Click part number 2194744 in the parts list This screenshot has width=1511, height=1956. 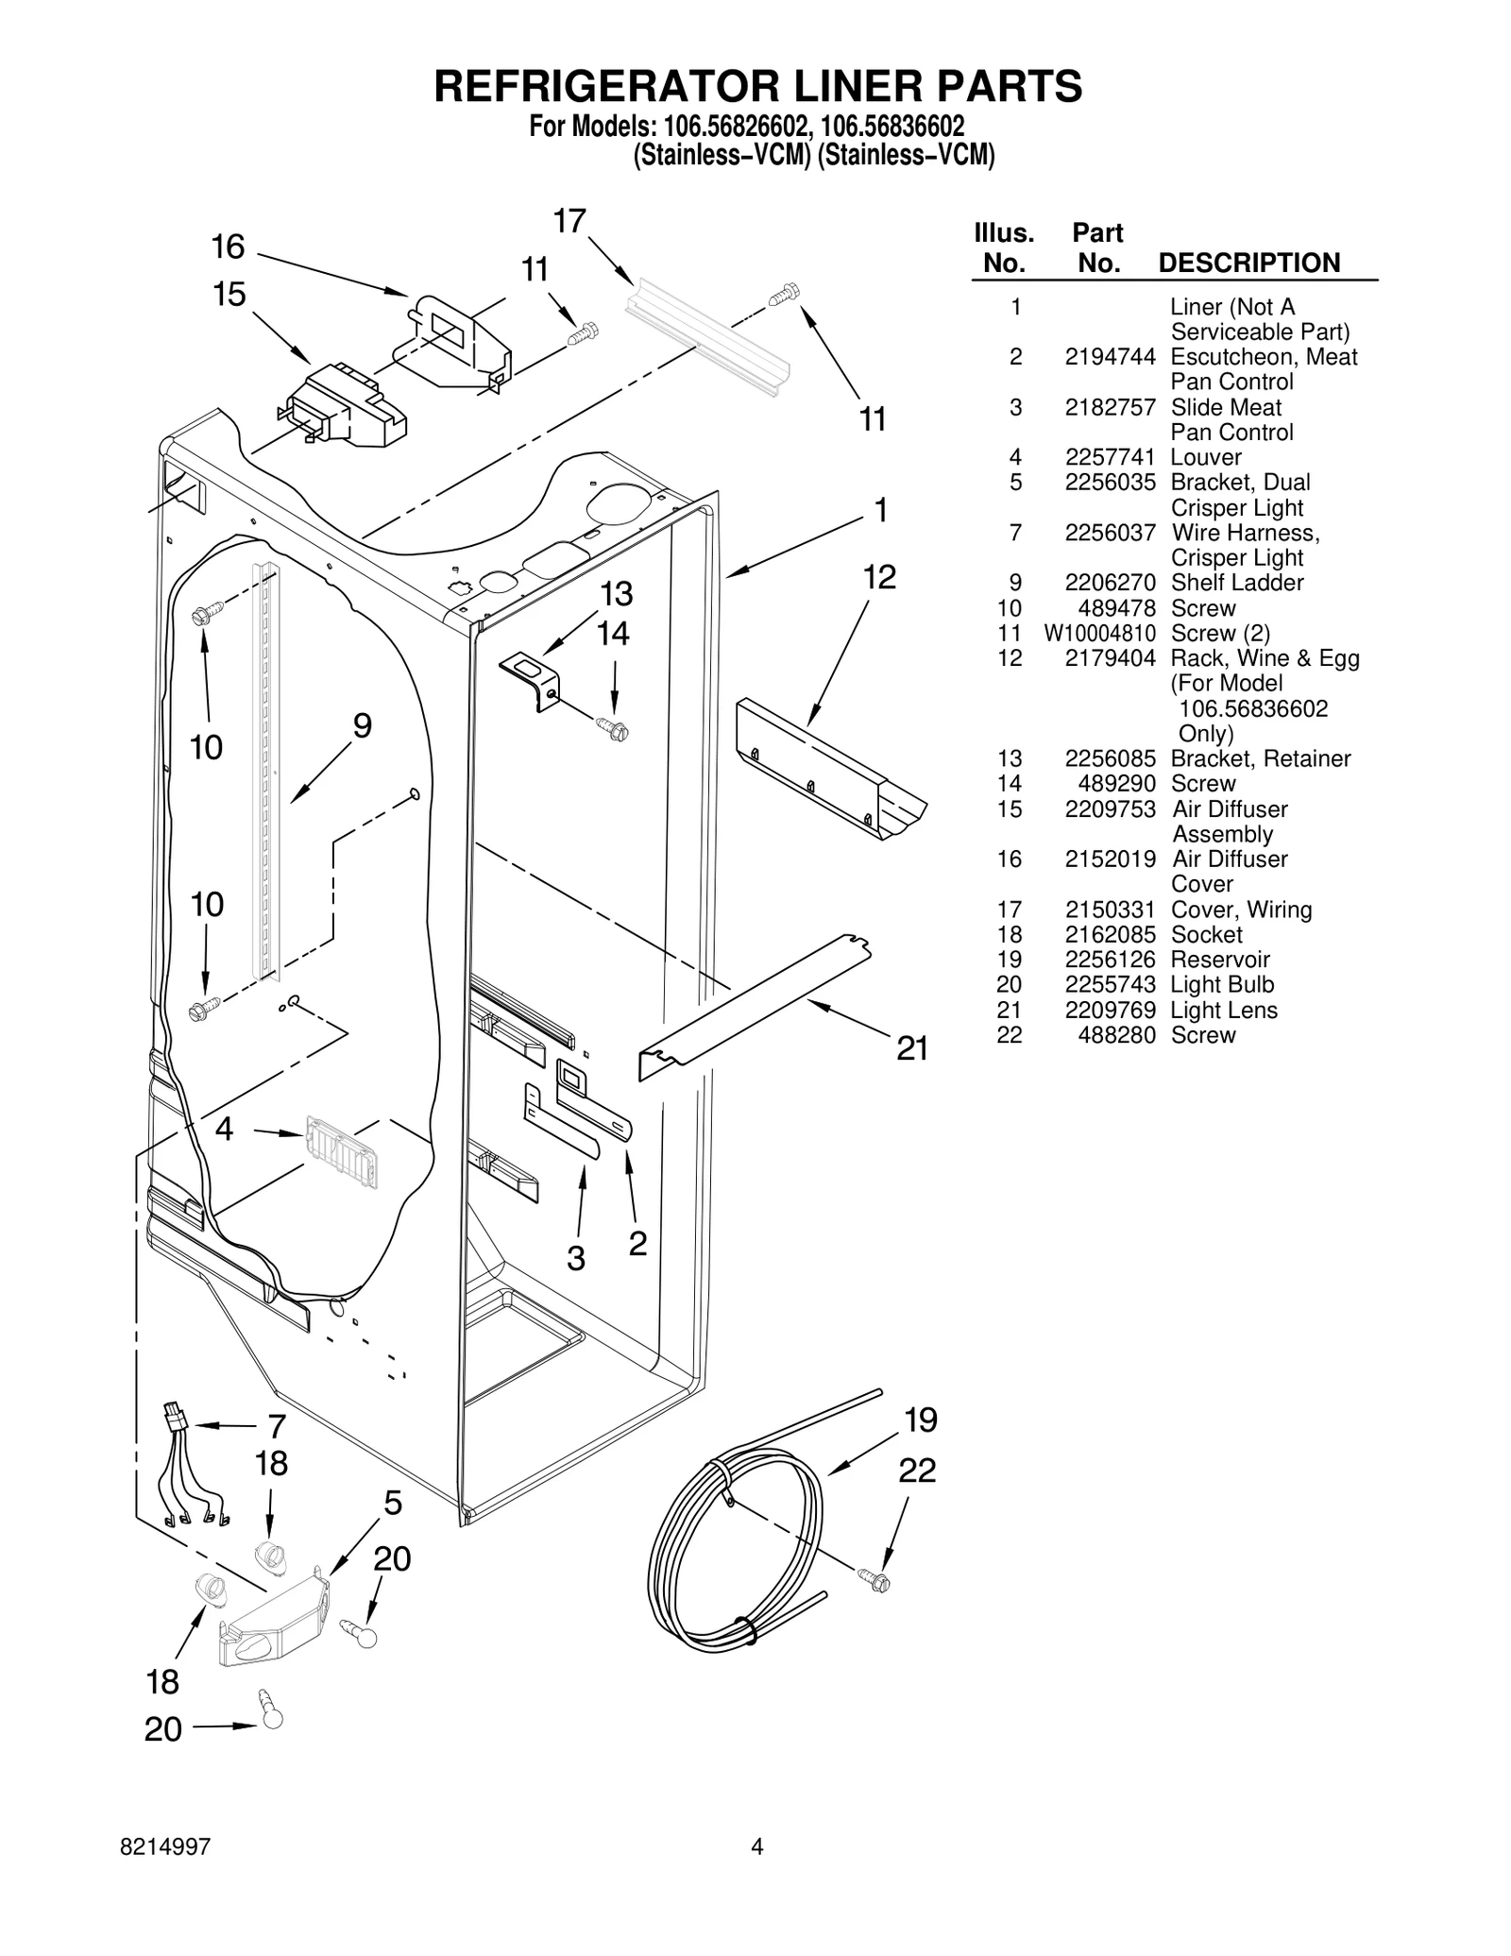tap(1110, 357)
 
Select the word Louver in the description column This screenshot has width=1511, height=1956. tap(1206, 457)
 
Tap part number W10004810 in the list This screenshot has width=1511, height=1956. tap(1099, 634)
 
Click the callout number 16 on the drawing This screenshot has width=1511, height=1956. tap(228, 247)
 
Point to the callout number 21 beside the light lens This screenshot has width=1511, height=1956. tap(912, 1048)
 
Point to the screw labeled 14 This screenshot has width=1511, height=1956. tap(613, 728)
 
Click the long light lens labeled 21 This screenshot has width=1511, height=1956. tap(755, 1006)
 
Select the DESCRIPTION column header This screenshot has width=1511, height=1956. tap(1248, 263)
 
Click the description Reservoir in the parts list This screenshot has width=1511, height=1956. tap(1220, 960)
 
